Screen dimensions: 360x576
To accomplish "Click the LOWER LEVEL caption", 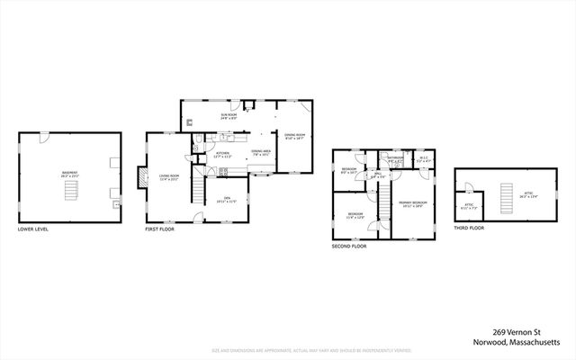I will click(x=33, y=229).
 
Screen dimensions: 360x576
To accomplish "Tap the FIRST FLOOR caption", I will click(x=160, y=229).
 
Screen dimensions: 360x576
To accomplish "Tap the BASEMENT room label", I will click(x=69, y=174).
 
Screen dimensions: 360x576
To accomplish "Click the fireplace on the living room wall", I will click(x=139, y=176).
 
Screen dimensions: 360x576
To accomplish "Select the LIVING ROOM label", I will click(x=169, y=176).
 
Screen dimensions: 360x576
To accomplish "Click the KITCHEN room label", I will click(x=222, y=155).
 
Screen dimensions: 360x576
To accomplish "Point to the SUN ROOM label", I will click(x=229, y=116).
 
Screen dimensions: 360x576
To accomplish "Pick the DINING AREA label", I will click(x=261, y=152).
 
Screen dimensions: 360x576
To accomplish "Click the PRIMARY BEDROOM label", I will click(x=412, y=204).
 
